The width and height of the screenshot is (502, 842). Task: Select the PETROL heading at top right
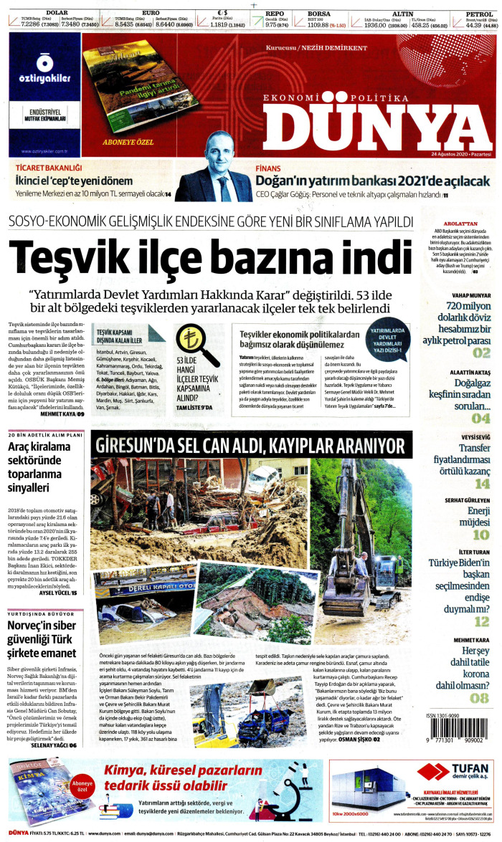pos(478,13)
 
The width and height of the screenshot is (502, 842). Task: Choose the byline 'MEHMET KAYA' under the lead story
pos(57,414)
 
